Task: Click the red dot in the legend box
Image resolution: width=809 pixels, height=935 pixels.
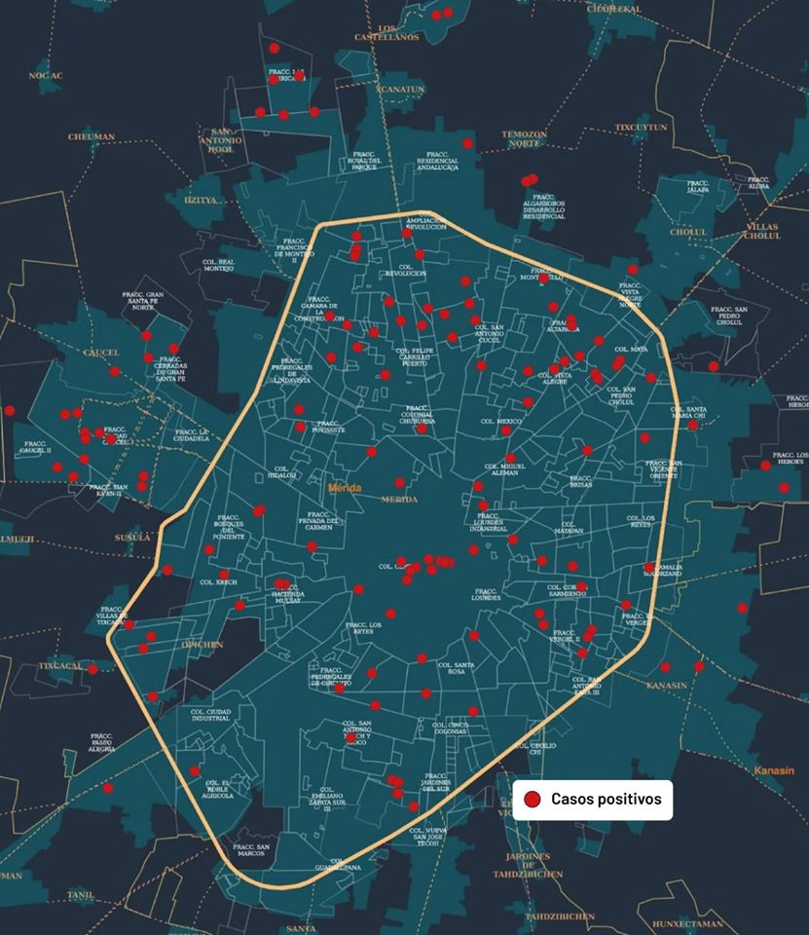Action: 533,800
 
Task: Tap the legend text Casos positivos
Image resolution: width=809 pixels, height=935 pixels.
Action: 606,800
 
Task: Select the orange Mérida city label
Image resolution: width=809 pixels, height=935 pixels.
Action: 345,488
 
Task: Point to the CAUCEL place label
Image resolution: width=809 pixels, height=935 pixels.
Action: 101,353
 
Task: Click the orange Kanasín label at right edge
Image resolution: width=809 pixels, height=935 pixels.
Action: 774,770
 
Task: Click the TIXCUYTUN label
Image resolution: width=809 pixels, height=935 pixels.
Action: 642,128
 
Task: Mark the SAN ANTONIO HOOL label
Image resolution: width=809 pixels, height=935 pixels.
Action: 223,141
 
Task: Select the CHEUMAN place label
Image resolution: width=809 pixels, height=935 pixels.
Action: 92,137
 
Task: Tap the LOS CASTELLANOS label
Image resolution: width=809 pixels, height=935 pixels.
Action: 399,32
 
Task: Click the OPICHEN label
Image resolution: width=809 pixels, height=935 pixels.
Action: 203,645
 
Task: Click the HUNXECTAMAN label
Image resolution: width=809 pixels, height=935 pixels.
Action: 687,924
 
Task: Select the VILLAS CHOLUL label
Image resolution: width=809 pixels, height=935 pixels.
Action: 762,231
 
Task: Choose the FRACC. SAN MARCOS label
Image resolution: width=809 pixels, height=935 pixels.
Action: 250,850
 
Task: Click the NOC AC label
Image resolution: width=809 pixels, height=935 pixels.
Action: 45,75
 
